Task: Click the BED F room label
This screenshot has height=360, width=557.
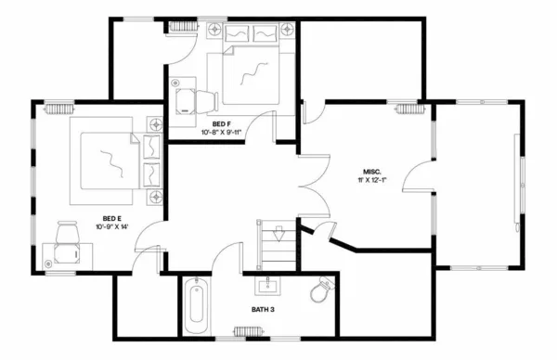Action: pos(221,124)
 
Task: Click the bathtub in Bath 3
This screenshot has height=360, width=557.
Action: pos(195,308)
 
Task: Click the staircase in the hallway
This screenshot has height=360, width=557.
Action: pos(276,244)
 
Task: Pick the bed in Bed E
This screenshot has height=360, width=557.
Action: pos(111,161)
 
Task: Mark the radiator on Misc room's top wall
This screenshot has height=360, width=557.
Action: pos(408,109)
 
